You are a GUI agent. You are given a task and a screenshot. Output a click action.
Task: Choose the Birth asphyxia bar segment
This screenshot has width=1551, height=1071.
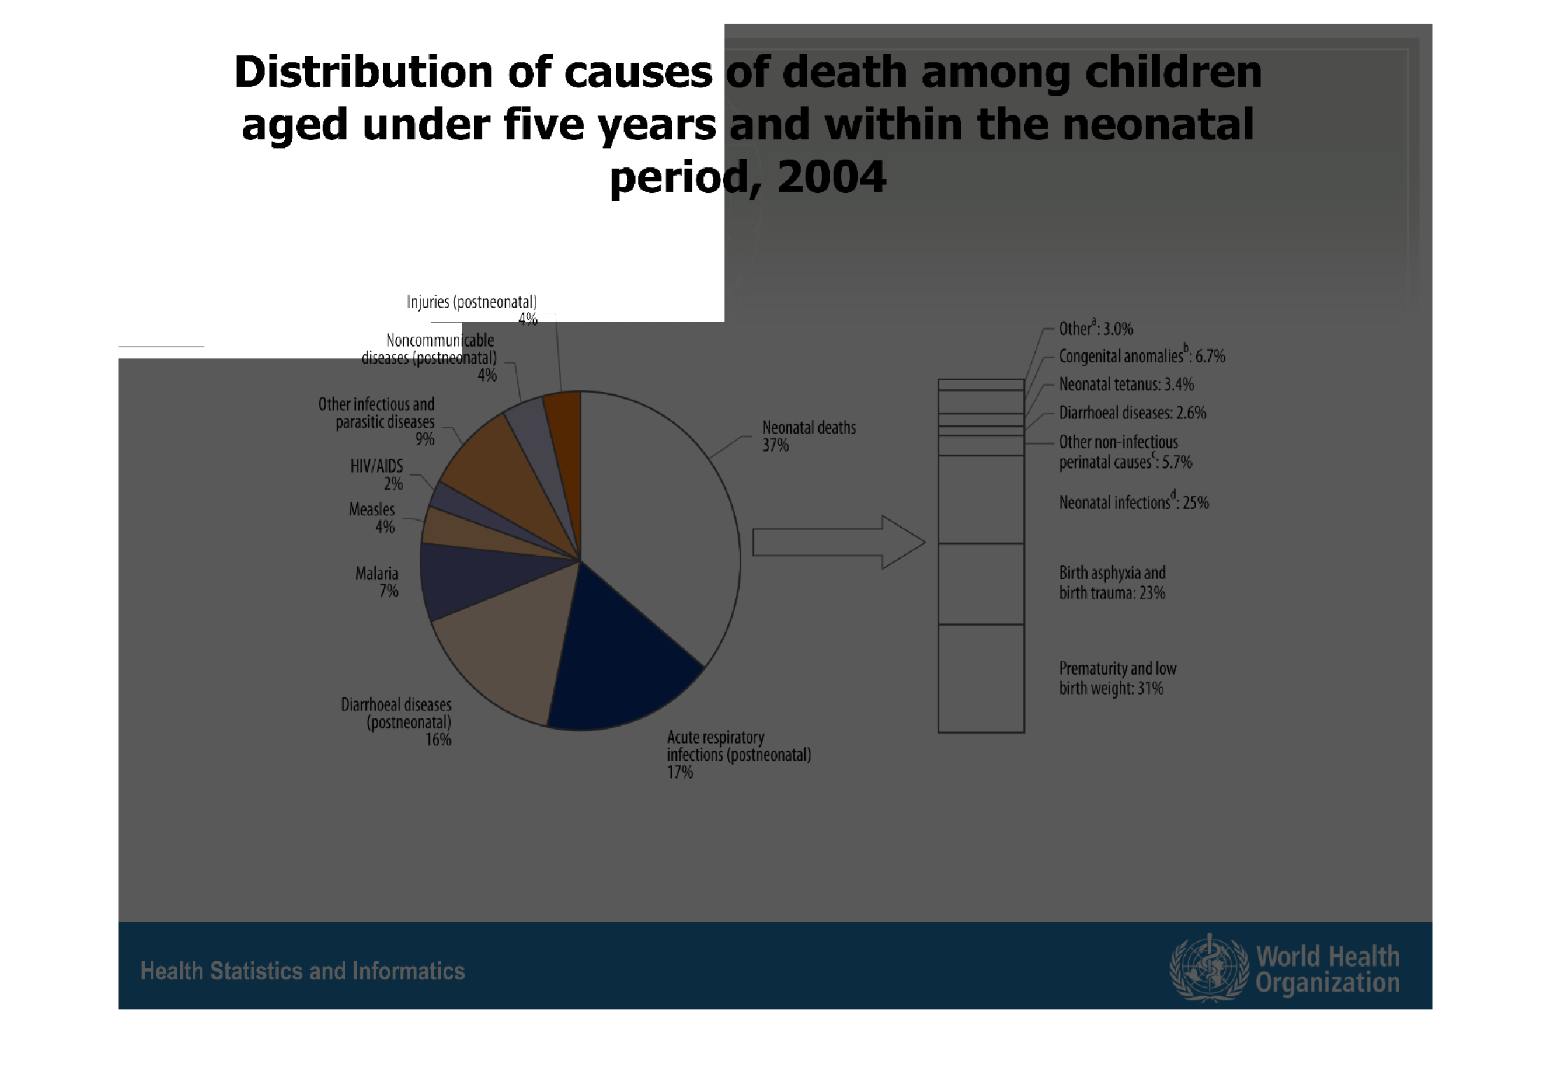point(981,584)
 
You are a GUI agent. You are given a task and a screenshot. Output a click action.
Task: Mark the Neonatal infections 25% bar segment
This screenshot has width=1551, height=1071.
point(981,499)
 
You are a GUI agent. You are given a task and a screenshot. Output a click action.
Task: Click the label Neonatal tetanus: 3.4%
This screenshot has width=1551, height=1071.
point(1126,384)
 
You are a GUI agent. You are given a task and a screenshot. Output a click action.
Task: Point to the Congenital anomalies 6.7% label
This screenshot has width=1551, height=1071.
point(1142,356)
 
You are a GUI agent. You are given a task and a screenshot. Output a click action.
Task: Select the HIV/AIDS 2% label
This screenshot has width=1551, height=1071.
point(377,475)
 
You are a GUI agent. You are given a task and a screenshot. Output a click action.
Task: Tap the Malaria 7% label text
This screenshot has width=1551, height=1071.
point(377,582)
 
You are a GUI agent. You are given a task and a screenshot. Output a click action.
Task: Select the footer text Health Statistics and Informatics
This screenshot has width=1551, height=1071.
point(302,971)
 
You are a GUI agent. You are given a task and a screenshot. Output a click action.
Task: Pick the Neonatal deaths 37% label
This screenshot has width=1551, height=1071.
point(808,436)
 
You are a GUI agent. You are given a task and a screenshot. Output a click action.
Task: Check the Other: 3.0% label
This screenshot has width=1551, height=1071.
point(1095,328)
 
